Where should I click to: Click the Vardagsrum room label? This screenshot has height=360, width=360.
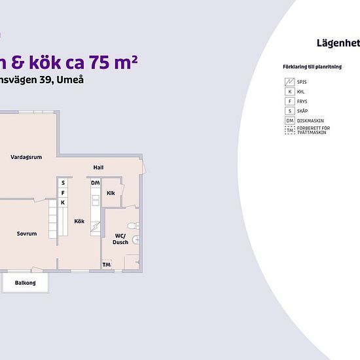[27, 157]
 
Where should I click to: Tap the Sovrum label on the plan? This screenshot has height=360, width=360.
[27, 234]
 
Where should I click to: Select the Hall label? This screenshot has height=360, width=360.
[98, 168]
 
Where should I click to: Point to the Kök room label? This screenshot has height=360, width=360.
[79, 221]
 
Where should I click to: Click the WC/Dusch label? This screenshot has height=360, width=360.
[120, 238]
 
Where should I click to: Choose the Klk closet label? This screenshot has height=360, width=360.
[111, 193]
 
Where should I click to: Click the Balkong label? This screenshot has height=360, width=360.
[26, 283]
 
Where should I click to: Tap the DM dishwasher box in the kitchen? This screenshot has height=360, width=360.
[96, 183]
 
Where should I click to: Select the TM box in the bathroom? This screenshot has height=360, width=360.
[106, 264]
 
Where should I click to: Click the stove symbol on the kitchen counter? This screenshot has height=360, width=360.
[96, 227]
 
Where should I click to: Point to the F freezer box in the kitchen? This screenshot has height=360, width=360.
[63, 193]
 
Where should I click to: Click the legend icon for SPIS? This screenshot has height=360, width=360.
[289, 82]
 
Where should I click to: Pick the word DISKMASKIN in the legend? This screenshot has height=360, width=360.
[311, 120]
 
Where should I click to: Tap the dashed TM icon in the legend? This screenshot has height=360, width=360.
[289, 130]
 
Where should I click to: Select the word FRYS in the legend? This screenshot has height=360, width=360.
[302, 101]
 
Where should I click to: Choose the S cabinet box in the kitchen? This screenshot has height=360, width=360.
[63, 183]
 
